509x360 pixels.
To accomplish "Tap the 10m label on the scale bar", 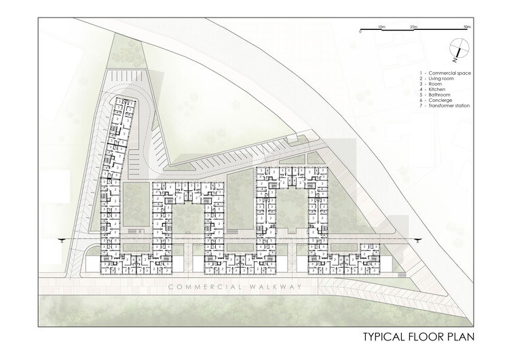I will (x=382, y=26).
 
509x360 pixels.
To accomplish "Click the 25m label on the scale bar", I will (x=414, y=26).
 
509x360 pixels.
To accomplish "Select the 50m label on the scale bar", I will (x=467, y=26).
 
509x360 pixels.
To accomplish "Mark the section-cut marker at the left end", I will (x=62, y=238).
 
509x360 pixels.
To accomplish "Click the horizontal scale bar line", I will (x=414, y=31).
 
